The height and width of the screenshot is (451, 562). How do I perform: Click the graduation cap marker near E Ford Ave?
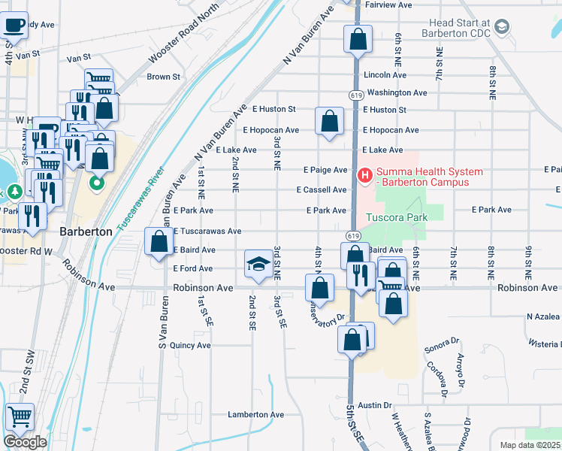click(258, 265)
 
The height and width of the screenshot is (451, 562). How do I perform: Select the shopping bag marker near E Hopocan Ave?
click(329, 121)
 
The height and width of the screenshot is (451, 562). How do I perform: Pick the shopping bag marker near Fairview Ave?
click(358, 38)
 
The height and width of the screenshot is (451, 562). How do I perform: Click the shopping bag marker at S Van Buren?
click(159, 242)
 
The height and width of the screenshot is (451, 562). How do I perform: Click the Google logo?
click(25, 442)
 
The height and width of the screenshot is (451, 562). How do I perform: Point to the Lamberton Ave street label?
click(256, 415)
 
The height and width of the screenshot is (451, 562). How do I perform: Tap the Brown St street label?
click(163, 77)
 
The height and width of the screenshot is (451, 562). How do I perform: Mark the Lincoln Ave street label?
click(385, 76)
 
